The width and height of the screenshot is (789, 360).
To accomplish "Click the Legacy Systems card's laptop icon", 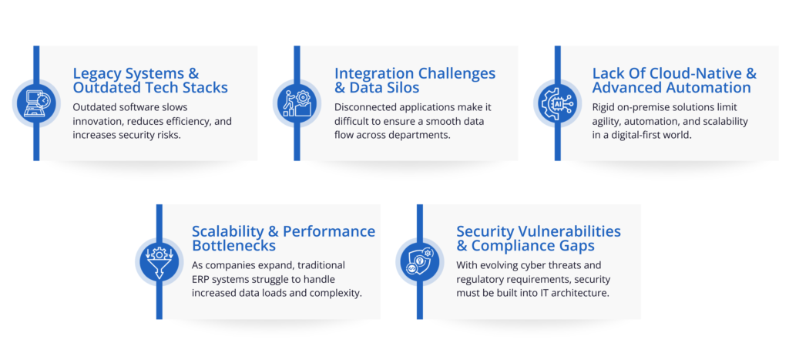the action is click(35, 103).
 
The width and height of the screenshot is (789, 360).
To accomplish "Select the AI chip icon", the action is click(557, 103).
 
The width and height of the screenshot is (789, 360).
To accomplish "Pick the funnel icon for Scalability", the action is click(159, 262).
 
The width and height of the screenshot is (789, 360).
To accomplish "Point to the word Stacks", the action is click(206, 88).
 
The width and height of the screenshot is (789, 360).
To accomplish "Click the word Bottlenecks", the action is click(233, 246).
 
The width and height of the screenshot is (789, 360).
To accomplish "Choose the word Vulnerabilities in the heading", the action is click(563, 231).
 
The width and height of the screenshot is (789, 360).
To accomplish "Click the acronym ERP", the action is click(201, 279).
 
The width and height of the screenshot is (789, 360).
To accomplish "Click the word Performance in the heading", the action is click(329, 231).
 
